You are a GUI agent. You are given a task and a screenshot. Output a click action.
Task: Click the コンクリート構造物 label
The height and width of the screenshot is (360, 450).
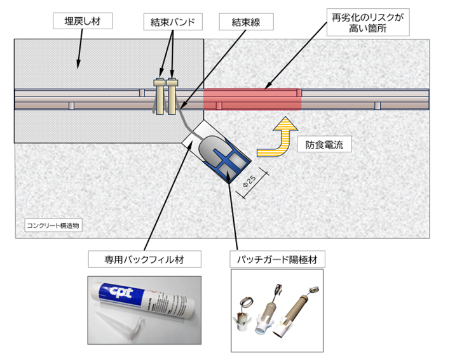tap(53, 225)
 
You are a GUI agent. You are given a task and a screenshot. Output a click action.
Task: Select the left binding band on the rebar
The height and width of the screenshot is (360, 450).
tap(159, 97)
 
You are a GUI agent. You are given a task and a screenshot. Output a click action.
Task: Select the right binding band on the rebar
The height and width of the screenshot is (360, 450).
tap(172, 97)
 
